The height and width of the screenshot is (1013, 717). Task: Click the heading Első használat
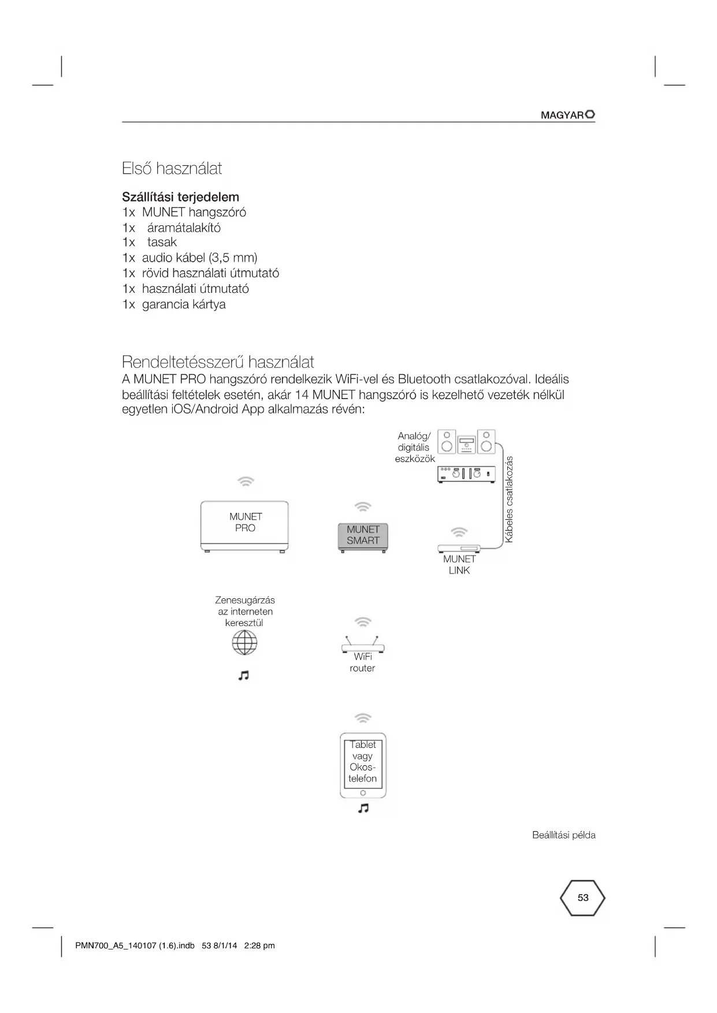[x=172, y=169]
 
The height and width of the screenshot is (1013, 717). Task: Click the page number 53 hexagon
[x=582, y=898]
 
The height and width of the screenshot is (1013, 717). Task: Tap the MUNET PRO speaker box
[x=244, y=526]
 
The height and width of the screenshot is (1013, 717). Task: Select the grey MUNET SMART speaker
[x=363, y=536]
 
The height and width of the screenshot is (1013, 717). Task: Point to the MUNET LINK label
[x=459, y=565]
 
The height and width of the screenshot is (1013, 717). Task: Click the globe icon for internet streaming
[x=244, y=642]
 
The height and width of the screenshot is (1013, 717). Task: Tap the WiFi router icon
[x=362, y=645]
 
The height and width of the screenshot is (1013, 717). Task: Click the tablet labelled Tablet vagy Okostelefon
[x=363, y=765]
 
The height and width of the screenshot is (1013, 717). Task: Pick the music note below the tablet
[x=363, y=809]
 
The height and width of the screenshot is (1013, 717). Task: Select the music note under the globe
[x=244, y=675]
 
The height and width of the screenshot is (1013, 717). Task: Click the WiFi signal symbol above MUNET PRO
[x=246, y=481]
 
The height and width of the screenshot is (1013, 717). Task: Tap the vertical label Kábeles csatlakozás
[x=509, y=500]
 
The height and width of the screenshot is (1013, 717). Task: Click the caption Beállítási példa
[x=563, y=835]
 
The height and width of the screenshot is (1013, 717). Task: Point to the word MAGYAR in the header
[x=562, y=116]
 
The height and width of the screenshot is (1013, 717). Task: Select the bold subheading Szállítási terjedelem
[x=180, y=197]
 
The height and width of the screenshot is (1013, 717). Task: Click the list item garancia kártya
[x=183, y=304]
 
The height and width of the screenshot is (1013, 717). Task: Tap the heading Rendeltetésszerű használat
[x=218, y=362]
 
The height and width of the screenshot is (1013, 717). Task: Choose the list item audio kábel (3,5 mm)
[x=199, y=258]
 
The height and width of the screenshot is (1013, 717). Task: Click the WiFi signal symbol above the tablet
[x=363, y=718]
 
